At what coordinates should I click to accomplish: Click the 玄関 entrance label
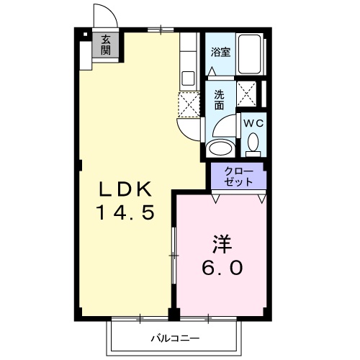click(106, 45)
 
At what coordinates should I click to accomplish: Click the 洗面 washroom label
click(219, 99)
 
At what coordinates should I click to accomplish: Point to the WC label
click(252, 123)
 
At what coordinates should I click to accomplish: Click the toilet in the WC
click(253, 144)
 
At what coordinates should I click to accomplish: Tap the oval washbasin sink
click(219, 148)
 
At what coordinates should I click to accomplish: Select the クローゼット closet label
click(238, 176)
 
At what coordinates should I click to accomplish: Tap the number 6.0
click(221, 266)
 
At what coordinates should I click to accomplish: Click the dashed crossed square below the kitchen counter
click(189, 104)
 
